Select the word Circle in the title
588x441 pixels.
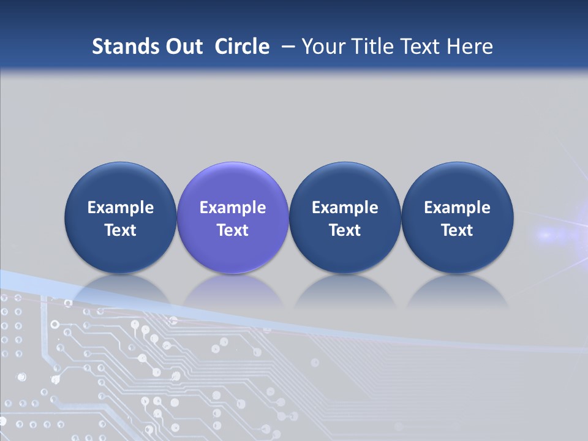242,47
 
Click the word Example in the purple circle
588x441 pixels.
233,208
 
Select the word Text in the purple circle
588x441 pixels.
233,230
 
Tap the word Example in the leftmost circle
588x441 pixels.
121,208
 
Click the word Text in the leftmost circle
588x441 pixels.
121,230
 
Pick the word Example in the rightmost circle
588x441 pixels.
457,208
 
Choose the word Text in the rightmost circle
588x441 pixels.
457,230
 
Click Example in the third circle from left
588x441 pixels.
345,208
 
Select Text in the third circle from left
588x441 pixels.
345,230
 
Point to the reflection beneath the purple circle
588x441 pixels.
233,291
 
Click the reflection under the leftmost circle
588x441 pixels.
121,291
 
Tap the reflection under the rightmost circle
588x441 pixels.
457,291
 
